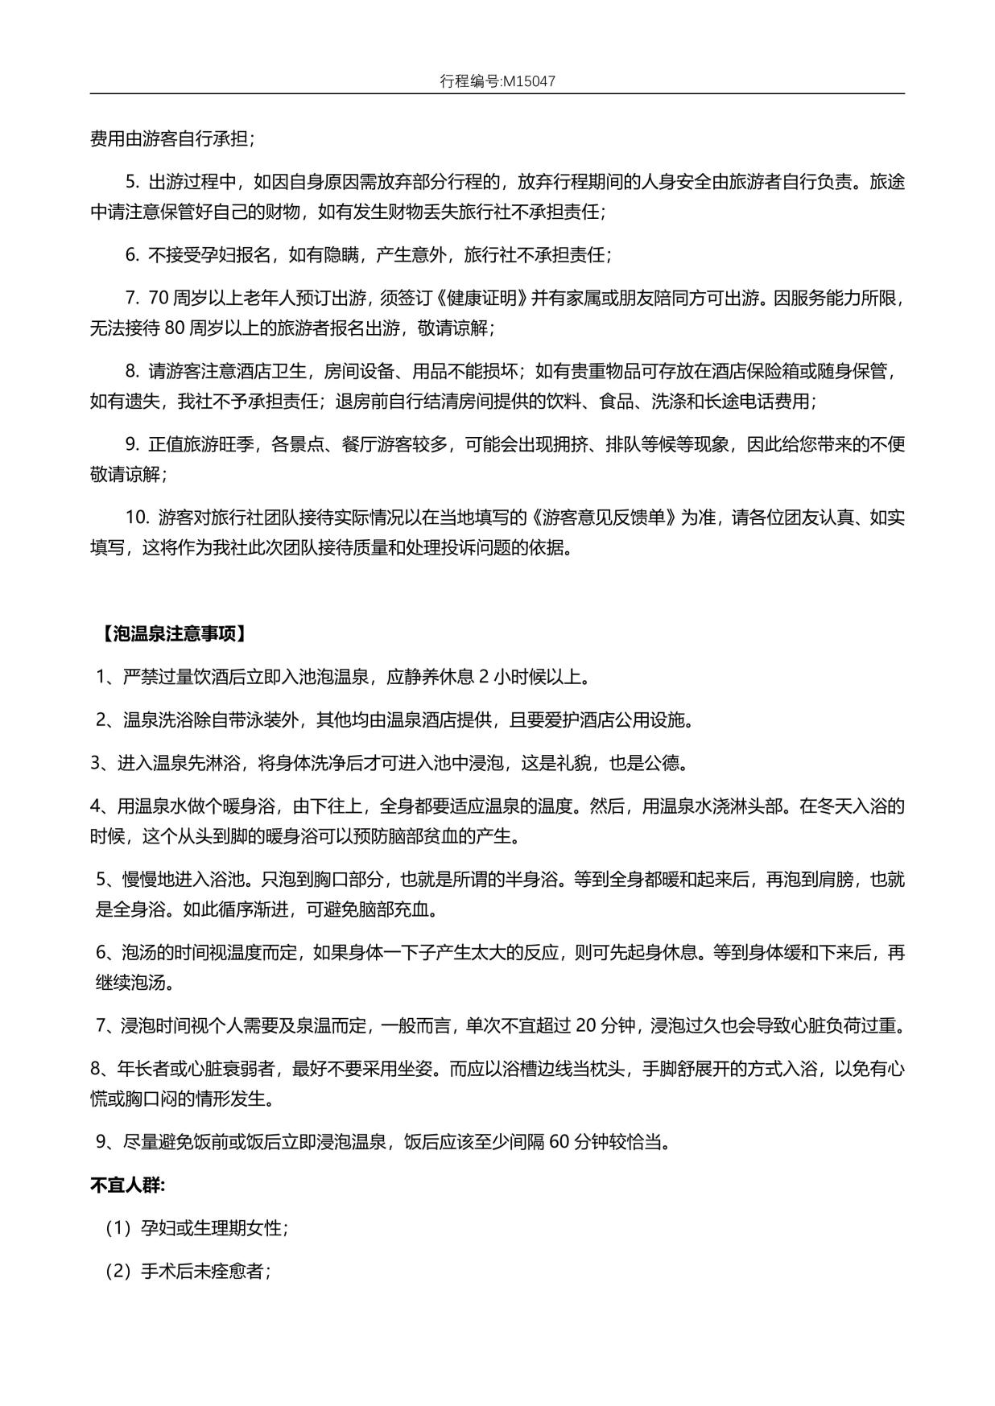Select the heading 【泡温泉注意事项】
[x=172, y=634]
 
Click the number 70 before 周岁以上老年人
[x=159, y=299]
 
